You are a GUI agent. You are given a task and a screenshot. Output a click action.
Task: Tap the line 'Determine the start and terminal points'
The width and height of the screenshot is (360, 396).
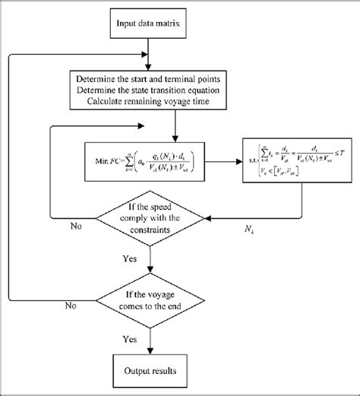[175, 78]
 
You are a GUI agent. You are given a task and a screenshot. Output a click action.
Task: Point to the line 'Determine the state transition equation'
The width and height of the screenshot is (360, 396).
[175, 89]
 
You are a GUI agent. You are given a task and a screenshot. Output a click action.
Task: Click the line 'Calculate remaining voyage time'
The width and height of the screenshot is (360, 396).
[175, 100]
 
